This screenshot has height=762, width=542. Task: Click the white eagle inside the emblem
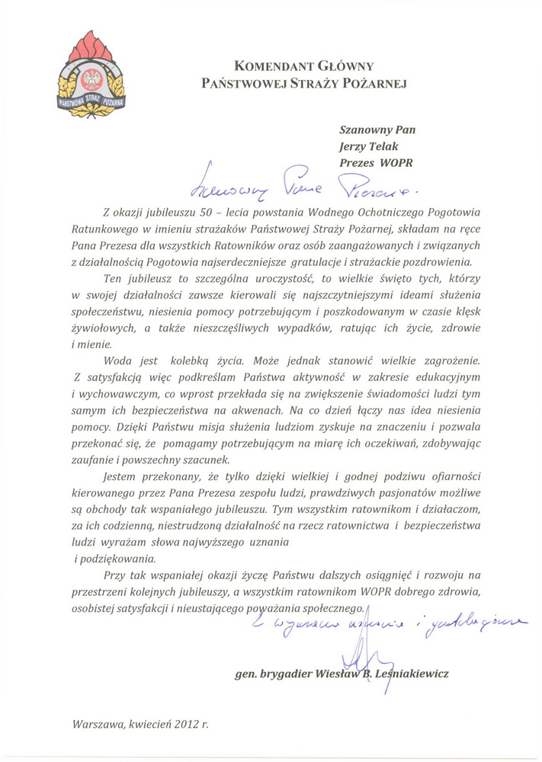pyautogui.click(x=92, y=79)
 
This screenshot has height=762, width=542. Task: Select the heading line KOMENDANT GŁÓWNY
pyautogui.click(x=303, y=66)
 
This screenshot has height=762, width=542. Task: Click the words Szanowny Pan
pyautogui.click(x=377, y=130)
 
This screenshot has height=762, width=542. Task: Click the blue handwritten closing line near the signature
pyautogui.click(x=388, y=626)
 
